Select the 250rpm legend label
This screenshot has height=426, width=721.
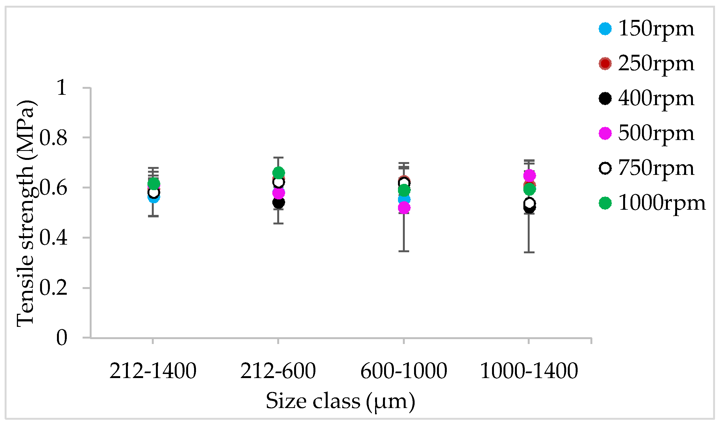[656, 64]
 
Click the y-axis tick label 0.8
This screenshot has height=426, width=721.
[53, 138]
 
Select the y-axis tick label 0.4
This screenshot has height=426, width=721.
[53, 238]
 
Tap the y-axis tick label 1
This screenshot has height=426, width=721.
[62, 87]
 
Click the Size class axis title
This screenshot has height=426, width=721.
[340, 401]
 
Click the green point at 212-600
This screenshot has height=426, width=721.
[278, 173]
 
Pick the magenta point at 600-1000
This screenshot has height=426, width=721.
[404, 208]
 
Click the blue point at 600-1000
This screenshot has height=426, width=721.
[404, 199]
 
